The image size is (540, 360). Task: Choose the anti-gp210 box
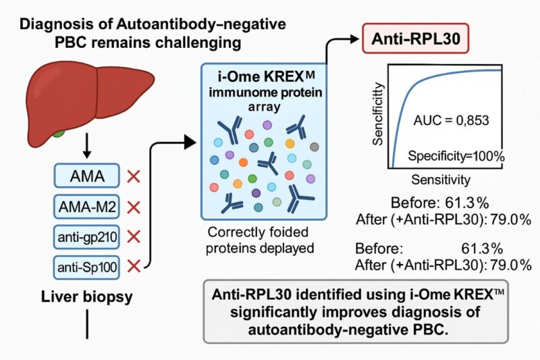(87, 236)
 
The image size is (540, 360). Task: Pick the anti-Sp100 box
(87, 268)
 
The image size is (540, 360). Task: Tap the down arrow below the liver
(87, 147)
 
